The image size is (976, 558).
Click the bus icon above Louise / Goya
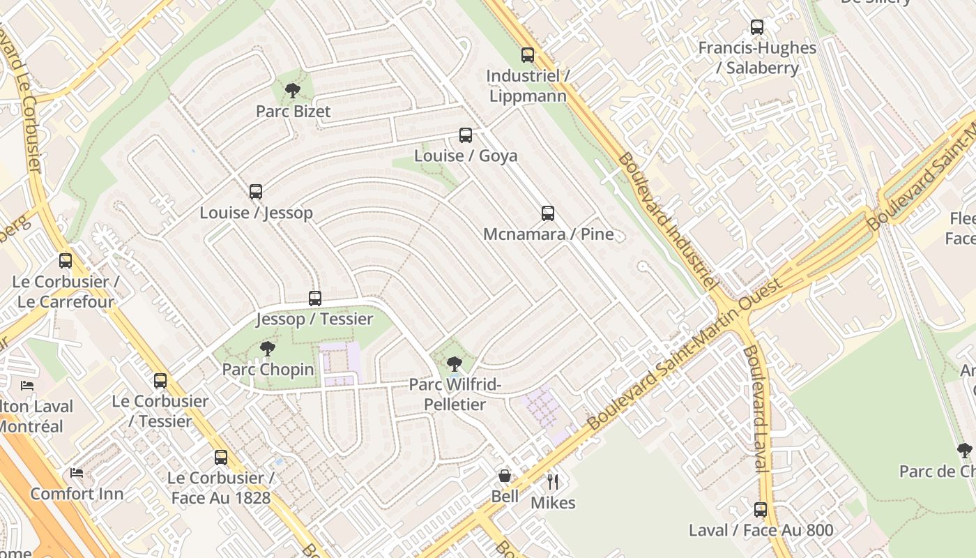pos(466,135)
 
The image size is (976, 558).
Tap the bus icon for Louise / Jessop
pos(256,192)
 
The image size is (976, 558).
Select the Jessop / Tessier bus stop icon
pos(315,299)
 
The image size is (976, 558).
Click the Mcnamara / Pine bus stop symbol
pos(548,213)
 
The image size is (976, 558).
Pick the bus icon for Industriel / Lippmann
pos(528,55)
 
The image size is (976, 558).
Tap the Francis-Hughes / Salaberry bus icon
pos(757,28)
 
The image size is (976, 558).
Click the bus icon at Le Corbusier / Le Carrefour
pos(66,261)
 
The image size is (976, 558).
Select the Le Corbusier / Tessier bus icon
pos(160,381)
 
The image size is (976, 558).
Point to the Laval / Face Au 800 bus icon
pos(761,510)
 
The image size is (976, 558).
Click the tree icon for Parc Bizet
pos(293,90)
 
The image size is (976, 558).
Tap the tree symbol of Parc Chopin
pos(267,349)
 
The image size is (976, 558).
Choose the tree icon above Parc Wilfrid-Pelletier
pos(455,363)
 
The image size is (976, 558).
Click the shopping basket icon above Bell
pos(505,476)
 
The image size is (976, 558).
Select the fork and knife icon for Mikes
pos(553,482)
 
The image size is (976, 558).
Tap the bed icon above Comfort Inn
pos(77,473)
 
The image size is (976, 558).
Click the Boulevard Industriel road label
pos(666,222)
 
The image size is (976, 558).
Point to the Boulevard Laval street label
pos(755,408)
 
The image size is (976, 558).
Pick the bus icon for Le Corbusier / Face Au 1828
pos(221,458)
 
